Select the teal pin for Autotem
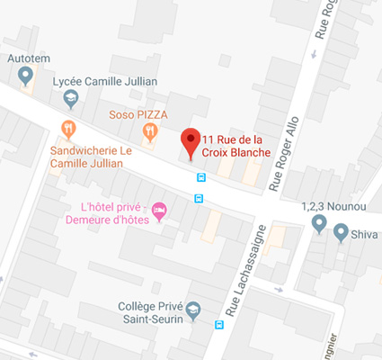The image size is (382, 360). tap(25, 75)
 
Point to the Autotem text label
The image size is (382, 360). tap(28, 58)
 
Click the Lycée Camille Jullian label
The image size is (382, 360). tap(105, 82)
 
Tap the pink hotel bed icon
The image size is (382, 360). tap(159, 211)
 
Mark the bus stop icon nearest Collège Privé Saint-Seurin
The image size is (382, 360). tap(219, 325)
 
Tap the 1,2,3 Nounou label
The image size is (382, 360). tap(334, 205)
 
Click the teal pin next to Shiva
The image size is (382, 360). tap(341, 233)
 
